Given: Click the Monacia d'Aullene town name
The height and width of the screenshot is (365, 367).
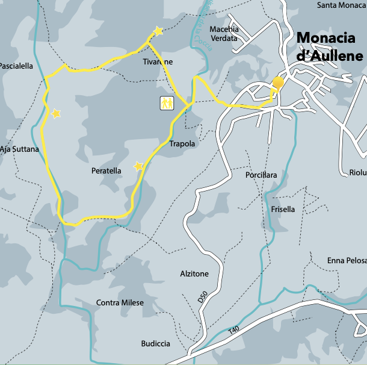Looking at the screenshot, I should point(330,48).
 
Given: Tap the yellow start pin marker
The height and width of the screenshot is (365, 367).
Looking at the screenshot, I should point(277,84).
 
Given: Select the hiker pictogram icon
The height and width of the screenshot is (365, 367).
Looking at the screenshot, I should point(166,103).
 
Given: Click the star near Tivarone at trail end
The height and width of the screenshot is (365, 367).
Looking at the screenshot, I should point(158,31).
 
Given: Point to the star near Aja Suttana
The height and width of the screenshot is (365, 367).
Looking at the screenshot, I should point(56,113).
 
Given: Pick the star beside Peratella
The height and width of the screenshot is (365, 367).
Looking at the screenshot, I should point(138,166).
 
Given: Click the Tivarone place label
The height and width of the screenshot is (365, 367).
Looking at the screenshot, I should point(158,62).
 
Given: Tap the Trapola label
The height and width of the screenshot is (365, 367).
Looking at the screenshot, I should point(182,144).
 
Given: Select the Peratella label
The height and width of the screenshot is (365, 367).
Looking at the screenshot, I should point(106,171).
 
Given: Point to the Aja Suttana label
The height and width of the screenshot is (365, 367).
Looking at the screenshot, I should point(19,149).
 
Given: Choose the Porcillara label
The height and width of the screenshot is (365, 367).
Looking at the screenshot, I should point(261,175).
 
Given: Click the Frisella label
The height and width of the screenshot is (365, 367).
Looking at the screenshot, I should point(283,210).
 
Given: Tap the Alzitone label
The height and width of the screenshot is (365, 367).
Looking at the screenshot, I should point(194,274).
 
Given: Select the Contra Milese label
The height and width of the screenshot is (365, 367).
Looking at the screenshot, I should point(120,302).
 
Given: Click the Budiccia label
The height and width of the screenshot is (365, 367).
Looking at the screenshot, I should point(155,344).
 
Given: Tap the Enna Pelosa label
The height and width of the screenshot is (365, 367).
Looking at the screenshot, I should point(347,261).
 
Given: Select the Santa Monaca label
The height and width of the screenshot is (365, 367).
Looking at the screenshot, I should point(342,5).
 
